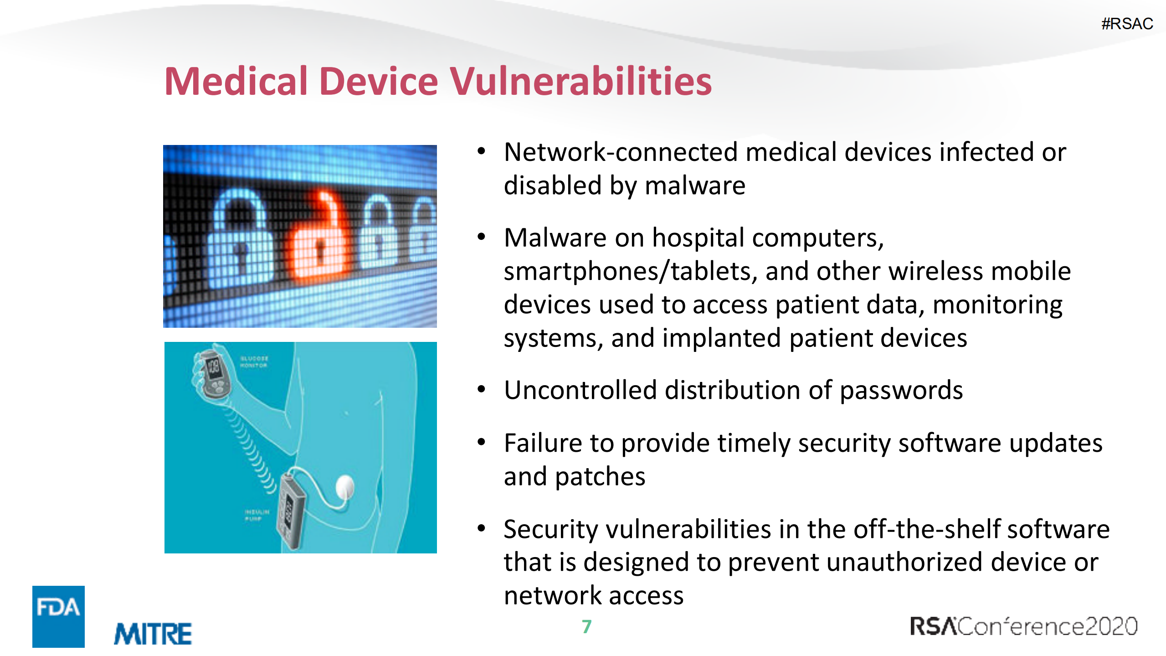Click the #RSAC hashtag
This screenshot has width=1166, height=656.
[x=1127, y=24]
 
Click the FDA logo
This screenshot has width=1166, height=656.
[x=58, y=616]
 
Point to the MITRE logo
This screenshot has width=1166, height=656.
[x=153, y=634]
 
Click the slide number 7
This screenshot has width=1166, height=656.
[x=586, y=626]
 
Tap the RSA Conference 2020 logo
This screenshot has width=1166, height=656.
[x=1023, y=626]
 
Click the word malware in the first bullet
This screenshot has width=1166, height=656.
[x=695, y=186]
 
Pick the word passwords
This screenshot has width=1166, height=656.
[x=901, y=390]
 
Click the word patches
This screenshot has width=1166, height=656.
[x=600, y=477]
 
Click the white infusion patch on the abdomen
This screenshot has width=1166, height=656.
[x=345, y=487]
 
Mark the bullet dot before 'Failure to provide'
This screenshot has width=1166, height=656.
[x=482, y=442]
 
